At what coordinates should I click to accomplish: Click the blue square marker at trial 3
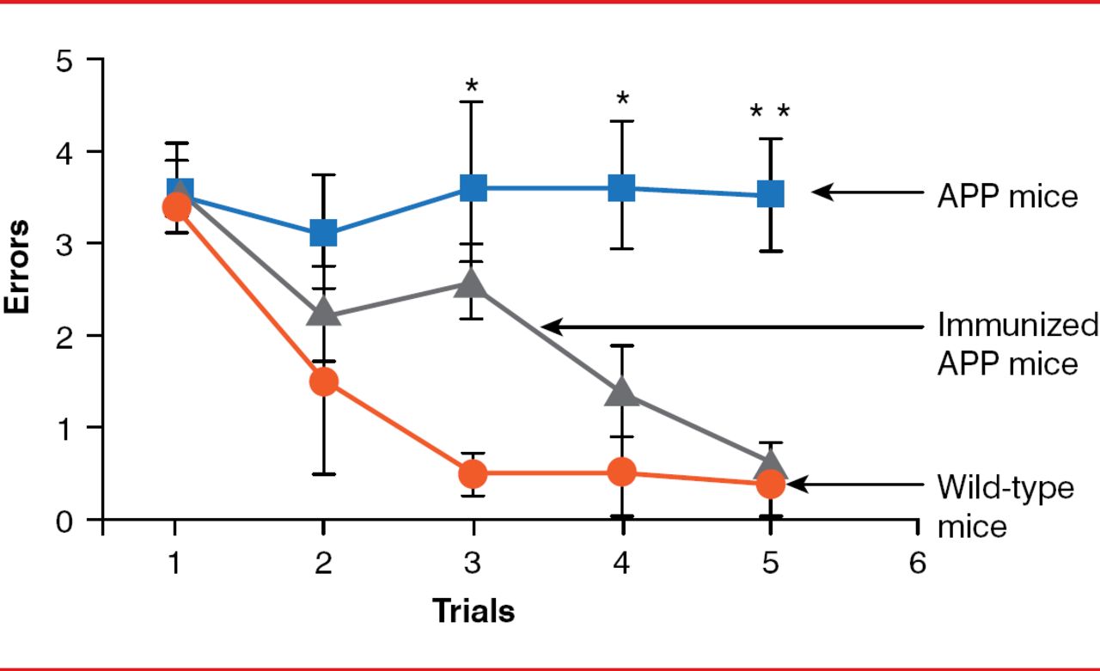coord(473,187)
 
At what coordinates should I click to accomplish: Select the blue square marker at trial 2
coord(323,232)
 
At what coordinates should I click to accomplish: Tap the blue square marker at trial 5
coord(771,194)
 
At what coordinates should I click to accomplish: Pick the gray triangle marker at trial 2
coord(323,313)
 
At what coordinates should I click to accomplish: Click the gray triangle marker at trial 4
coord(621,393)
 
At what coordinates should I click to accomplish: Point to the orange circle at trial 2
coord(323,381)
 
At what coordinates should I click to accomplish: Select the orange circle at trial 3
coord(473,473)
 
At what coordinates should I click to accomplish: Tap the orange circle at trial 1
coord(176,206)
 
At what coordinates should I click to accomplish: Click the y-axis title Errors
coord(17,267)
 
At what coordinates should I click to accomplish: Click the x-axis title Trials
coord(473,611)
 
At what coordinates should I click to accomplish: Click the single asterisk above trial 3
coord(472,86)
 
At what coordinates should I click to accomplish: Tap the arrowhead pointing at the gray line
coord(551,326)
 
